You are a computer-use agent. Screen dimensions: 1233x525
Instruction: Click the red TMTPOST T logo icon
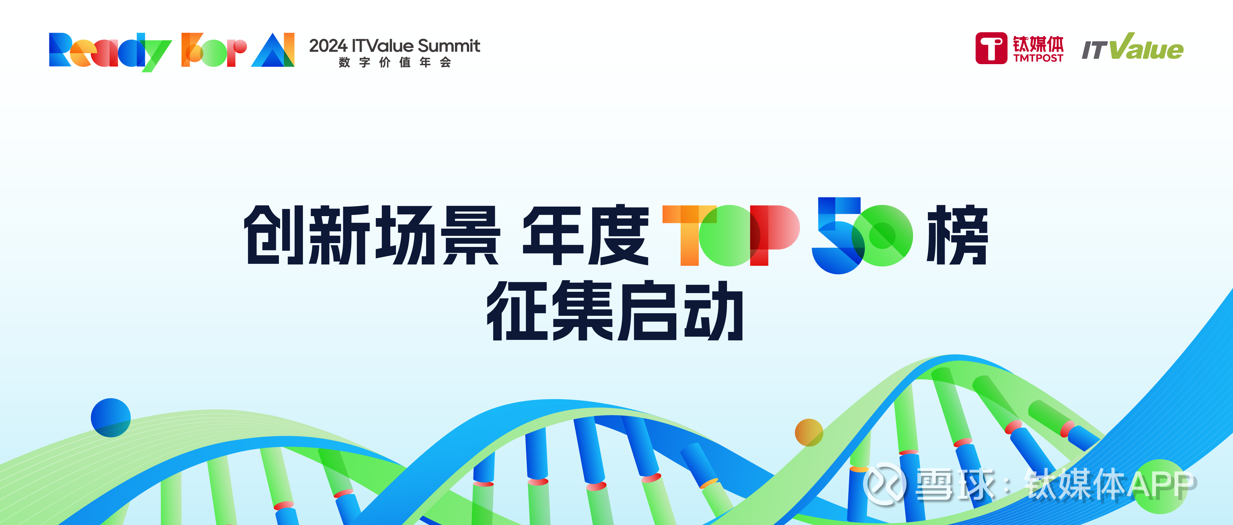click(x=991, y=48)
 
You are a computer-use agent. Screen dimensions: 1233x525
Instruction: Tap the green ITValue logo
click(x=1132, y=47)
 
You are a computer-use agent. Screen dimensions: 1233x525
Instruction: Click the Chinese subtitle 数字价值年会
click(x=395, y=62)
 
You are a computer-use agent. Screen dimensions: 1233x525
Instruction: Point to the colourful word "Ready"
click(x=110, y=51)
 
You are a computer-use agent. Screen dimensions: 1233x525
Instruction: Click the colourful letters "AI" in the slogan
click(x=273, y=49)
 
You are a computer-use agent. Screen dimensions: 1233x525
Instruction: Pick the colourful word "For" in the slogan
click(x=214, y=50)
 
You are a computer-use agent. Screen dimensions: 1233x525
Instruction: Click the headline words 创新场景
click(x=372, y=235)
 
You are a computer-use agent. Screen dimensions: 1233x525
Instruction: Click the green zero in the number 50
click(x=882, y=236)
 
